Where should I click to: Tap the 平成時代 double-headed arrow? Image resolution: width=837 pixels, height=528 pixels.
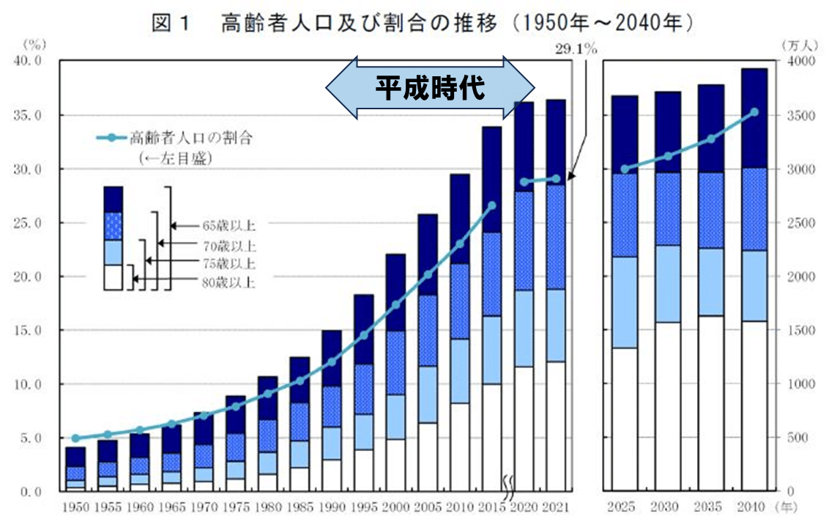pos(431,89)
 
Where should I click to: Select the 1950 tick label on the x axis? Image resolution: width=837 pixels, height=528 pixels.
pos(75,507)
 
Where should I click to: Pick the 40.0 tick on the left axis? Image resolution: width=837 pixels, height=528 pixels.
pos(30,62)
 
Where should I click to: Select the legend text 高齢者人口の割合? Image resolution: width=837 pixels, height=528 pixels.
pos(196,137)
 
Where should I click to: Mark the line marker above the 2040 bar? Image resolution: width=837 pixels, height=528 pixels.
pos(754,112)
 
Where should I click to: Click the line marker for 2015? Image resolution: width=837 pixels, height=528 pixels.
pos(492,205)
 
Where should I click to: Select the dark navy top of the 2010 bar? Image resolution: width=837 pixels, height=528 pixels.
pos(460,219)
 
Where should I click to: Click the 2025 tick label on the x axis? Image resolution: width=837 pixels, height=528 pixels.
pos(622,507)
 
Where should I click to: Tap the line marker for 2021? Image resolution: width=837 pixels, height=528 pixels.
pos(555,178)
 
